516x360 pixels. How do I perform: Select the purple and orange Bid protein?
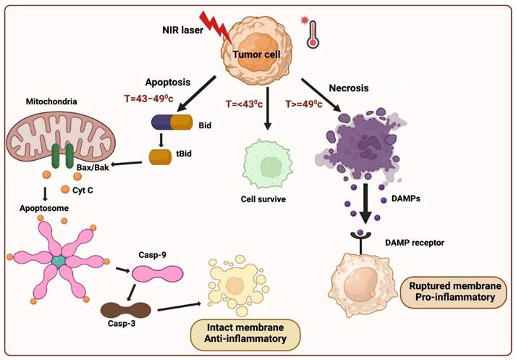click(x=172, y=122)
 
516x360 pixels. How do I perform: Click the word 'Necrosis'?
click(x=349, y=88)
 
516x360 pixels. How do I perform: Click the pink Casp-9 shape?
click(x=153, y=274)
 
